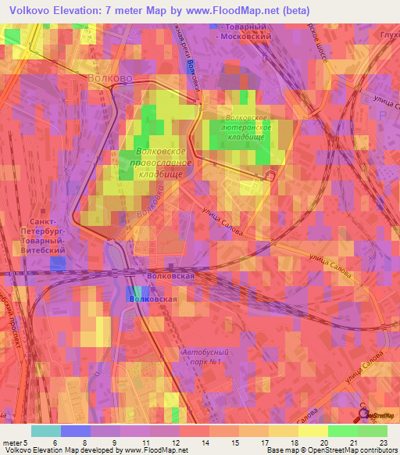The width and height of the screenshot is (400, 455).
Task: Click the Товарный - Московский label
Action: tap(244, 31)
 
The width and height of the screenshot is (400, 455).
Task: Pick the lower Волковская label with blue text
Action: tap(153, 299)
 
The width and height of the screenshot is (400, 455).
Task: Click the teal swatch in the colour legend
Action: tap(45, 431)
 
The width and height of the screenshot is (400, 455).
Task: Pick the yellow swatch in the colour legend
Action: tap(312, 431)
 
